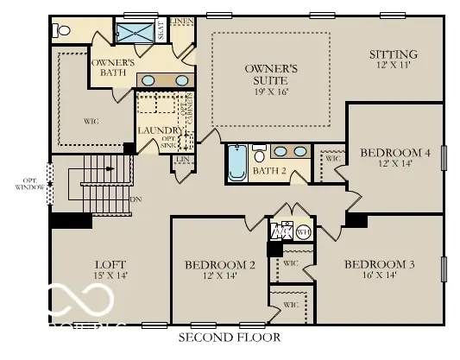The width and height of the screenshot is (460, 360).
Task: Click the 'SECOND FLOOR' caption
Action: [229, 336]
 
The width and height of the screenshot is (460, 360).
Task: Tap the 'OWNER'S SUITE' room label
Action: [271, 75]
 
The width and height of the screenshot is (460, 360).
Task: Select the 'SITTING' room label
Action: [393, 54]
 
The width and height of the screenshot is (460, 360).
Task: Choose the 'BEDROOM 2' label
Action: [219, 265]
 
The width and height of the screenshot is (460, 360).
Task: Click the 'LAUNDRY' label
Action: [154, 130]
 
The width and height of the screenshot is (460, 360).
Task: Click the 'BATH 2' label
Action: [269, 171]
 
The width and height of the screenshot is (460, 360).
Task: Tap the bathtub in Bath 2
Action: [237, 164]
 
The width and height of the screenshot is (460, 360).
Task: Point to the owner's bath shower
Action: [135, 33]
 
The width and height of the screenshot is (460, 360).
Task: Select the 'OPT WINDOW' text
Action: [23, 183]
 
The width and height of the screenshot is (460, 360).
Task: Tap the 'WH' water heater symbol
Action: [302, 231]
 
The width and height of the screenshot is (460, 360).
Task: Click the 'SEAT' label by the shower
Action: [160, 32]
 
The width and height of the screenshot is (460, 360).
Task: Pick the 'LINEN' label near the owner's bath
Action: [181, 20]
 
